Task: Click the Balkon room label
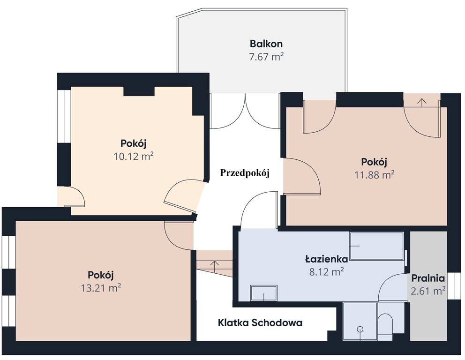pos(266,44)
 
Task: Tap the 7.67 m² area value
pos(266,57)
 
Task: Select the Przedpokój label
pos(245,172)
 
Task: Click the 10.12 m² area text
pos(134,156)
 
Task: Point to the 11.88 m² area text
pos(374,175)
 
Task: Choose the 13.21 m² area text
pos(101,288)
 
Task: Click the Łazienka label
pos(326,259)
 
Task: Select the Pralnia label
pos(428,278)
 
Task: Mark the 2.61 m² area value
pos(428,291)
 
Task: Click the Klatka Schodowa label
pos(260,322)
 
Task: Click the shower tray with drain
pos(360,322)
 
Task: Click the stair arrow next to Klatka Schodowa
pos(215,264)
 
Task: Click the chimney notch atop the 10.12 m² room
pos(139,90)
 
